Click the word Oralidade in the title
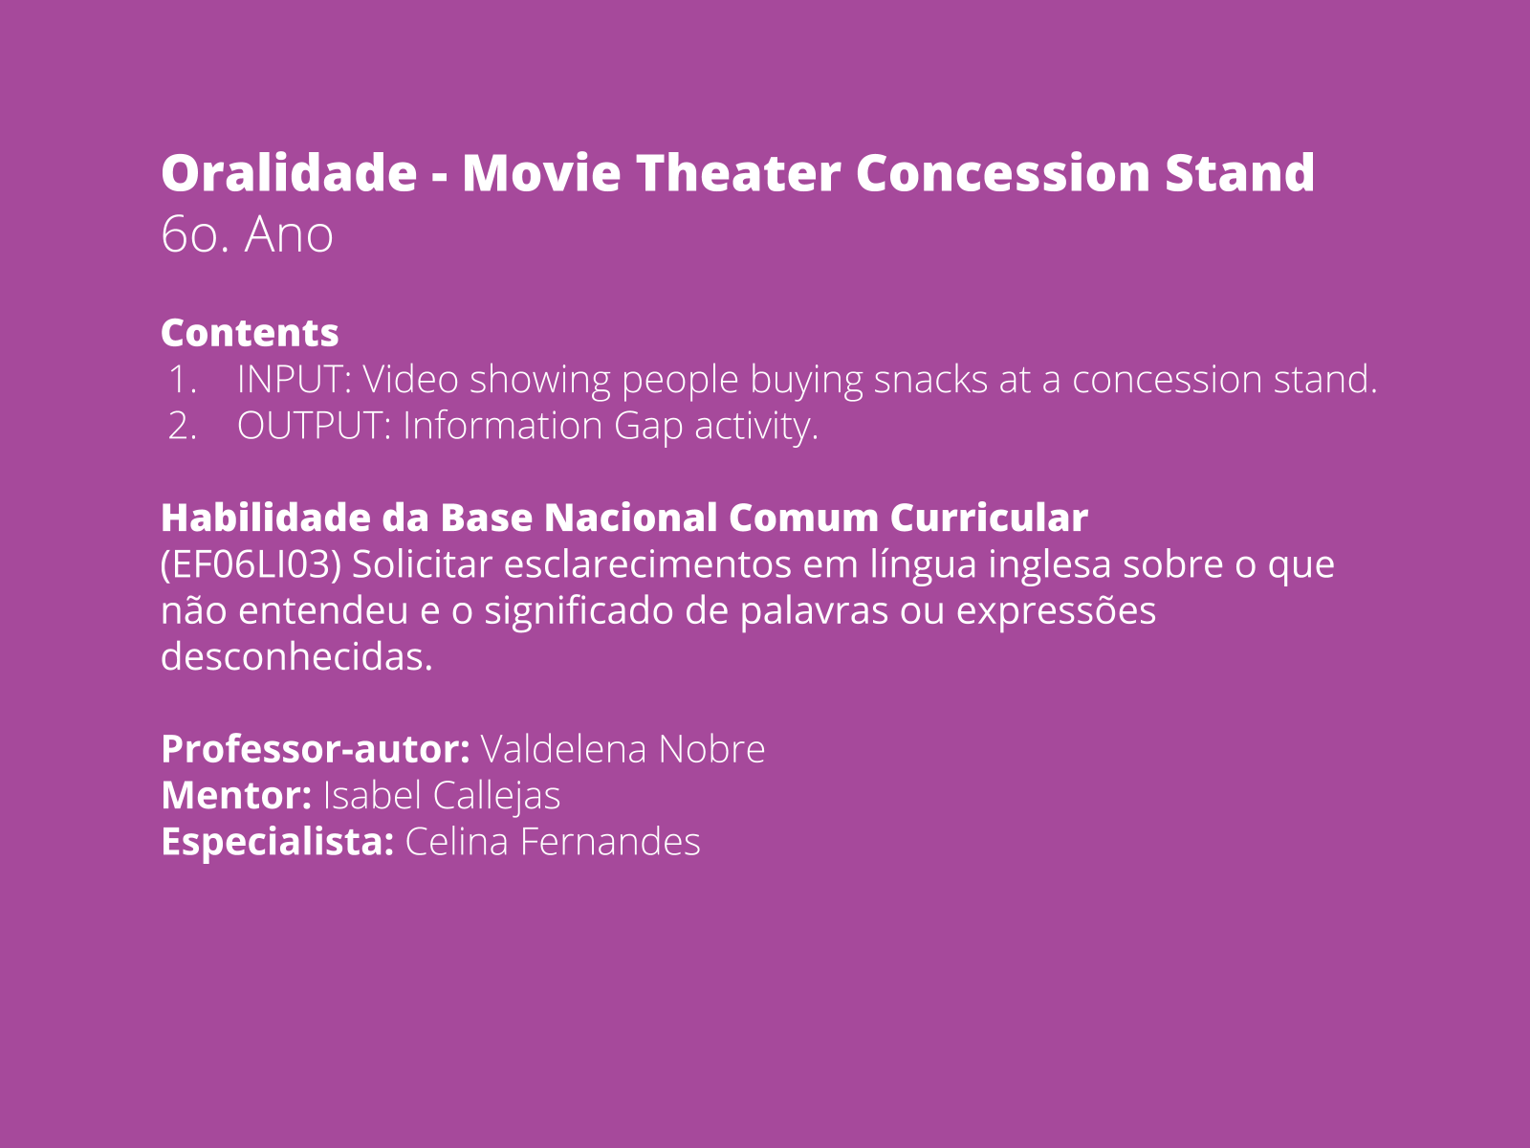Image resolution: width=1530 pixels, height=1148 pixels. click(290, 172)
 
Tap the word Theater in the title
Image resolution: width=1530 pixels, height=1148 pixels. click(738, 172)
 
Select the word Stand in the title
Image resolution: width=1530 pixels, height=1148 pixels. click(1240, 172)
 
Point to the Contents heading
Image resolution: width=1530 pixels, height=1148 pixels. click(250, 333)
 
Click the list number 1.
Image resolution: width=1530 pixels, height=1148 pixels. click(183, 380)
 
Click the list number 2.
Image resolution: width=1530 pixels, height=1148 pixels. click(183, 426)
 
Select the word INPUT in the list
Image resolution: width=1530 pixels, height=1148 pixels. click(295, 380)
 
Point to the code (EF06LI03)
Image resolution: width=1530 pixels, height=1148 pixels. click(251, 564)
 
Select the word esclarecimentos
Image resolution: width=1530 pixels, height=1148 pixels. click(647, 563)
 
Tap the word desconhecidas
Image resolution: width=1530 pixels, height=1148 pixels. click(297, 656)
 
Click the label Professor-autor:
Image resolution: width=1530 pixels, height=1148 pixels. click(316, 750)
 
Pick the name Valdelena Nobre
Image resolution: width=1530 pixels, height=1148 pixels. click(623, 750)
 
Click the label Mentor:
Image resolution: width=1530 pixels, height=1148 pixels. click(236, 796)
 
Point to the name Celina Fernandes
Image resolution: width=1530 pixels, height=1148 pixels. click(553, 842)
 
